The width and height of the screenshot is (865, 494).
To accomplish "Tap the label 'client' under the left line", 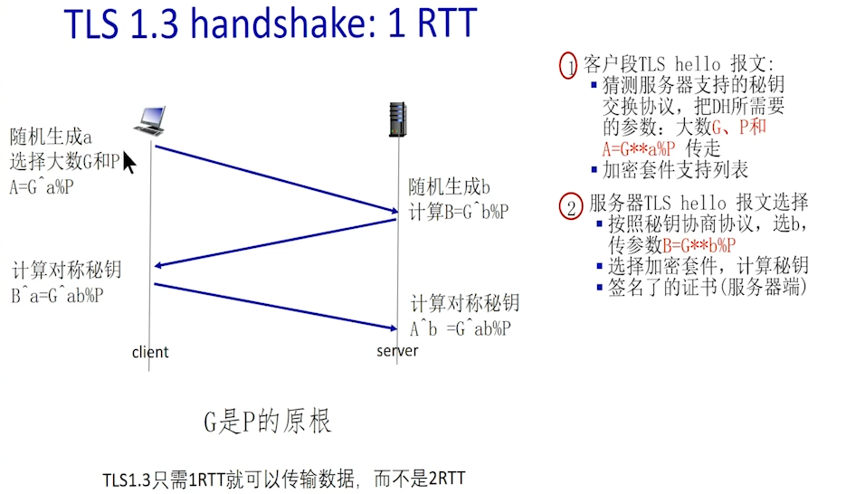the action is coord(150,352).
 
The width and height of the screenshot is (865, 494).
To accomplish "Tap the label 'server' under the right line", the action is coord(397,350).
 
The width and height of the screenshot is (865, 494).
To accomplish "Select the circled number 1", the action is coord(568,65).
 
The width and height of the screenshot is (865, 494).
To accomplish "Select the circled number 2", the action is coord(569,207).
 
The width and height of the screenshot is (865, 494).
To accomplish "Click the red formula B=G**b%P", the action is coord(699,245).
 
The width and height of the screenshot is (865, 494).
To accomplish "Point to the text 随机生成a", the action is coord(52,138).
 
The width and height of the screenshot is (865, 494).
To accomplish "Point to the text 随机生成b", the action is coord(449,188).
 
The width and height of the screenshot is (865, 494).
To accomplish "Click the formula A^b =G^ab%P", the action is coord(461,328).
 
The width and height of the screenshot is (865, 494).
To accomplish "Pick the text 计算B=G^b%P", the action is coord(458,212).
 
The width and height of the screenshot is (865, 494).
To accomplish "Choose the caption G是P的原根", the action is coord(268,422).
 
